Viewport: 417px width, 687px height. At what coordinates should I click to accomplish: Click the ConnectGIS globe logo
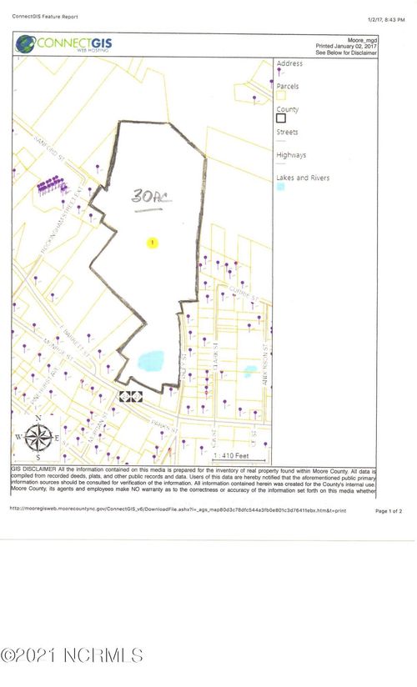click(25, 43)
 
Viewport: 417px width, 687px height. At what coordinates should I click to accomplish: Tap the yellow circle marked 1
click(152, 243)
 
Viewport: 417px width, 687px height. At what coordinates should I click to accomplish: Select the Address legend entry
click(289, 63)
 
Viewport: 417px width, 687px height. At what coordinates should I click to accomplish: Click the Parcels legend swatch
click(281, 96)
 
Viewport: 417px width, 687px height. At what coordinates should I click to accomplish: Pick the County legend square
click(281, 118)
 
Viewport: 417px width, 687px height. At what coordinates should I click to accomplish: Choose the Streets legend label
click(287, 132)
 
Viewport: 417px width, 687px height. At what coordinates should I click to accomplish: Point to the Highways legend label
click(291, 155)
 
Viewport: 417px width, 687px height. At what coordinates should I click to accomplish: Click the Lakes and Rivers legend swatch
click(281, 188)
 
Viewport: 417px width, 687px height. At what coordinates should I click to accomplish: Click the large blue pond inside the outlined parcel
click(150, 360)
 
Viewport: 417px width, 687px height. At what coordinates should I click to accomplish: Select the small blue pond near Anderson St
click(249, 369)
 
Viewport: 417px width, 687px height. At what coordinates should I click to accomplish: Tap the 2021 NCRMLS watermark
click(72, 655)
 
